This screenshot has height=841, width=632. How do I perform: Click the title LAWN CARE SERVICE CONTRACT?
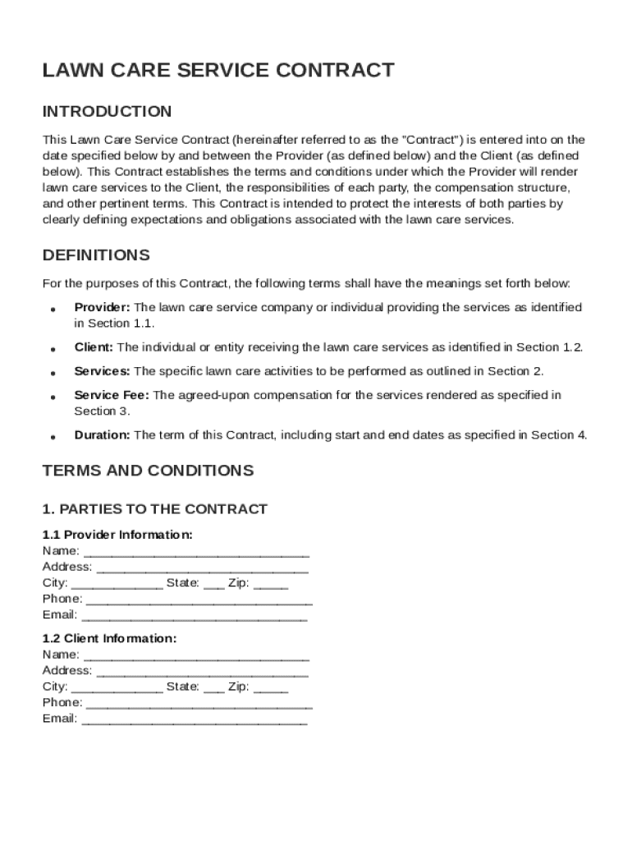click(218, 71)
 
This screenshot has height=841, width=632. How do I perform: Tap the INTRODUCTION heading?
click(107, 111)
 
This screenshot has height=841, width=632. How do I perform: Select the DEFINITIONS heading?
click(96, 255)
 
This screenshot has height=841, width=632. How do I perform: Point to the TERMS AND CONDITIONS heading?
click(148, 471)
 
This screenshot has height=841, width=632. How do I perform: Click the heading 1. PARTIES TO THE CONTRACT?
click(154, 509)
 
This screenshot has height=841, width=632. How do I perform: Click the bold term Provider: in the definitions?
click(102, 307)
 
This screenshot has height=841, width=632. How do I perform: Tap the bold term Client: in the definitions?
click(94, 347)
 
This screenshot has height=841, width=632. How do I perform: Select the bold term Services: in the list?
click(102, 371)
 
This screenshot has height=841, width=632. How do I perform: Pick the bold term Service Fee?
click(112, 395)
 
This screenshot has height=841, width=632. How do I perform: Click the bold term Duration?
click(102, 435)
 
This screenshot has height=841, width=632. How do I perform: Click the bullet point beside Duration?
click(53, 437)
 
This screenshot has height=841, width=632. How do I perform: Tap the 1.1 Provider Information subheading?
click(117, 535)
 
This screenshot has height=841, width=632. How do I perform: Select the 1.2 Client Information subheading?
click(109, 639)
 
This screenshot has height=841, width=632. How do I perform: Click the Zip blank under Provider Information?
click(271, 585)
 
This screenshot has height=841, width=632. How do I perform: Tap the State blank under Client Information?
click(213, 689)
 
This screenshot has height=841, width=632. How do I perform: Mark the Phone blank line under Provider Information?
click(199, 601)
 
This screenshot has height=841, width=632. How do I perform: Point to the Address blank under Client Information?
click(202, 673)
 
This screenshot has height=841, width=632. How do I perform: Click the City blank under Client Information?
click(117, 689)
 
